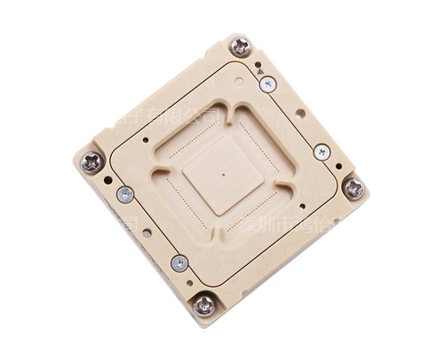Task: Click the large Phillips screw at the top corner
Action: pos(241,46)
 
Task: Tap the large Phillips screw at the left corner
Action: pos(91,162)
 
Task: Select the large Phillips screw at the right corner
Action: pos(353,188)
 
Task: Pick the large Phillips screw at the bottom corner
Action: pos(204,305)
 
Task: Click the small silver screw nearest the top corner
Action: pos(267,84)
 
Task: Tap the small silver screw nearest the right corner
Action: pos(321,152)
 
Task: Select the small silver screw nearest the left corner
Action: pos(125,195)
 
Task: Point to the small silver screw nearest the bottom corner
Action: pos(179,263)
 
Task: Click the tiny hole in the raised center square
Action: pos(223,174)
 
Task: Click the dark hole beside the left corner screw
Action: pos(108,180)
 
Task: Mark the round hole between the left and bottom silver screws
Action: pos(147,233)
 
